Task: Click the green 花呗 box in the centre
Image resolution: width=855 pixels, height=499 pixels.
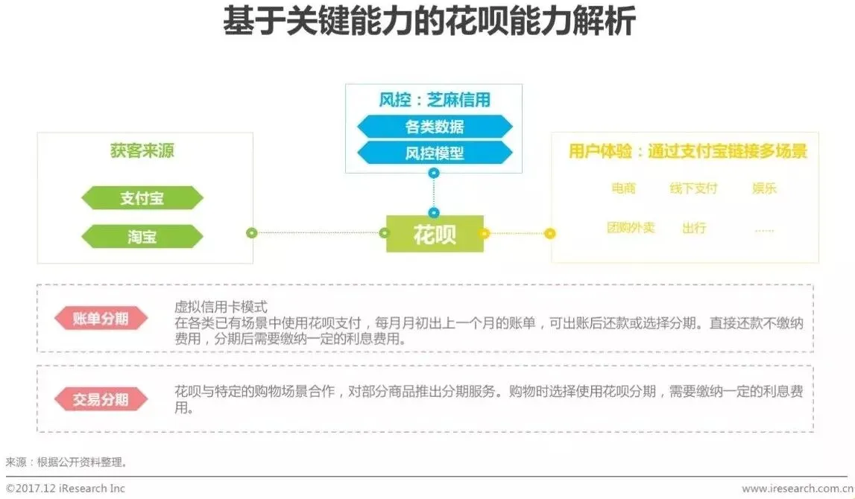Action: click(x=435, y=234)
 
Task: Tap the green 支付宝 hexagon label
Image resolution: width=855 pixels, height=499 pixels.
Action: click(x=142, y=198)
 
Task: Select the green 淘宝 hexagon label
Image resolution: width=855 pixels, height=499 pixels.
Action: click(x=142, y=237)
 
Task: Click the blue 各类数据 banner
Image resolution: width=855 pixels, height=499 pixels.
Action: click(x=435, y=127)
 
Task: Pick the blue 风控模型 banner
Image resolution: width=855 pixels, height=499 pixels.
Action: click(x=435, y=153)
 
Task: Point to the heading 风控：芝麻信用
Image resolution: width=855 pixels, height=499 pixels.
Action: click(x=434, y=100)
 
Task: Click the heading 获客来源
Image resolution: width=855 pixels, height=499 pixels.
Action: click(x=142, y=152)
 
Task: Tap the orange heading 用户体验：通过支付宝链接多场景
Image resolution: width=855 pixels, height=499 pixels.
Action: click(x=687, y=152)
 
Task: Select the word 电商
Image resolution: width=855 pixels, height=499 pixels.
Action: click(x=623, y=188)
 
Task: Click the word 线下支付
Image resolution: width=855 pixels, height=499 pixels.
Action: click(x=693, y=188)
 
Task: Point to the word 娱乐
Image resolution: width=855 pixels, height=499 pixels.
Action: click(x=764, y=188)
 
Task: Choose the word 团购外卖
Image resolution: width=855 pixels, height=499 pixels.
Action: click(x=631, y=227)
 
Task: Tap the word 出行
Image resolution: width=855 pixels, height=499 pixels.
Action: click(x=693, y=227)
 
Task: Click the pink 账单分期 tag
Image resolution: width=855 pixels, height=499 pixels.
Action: click(x=101, y=320)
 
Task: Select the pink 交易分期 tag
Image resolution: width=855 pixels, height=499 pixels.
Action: click(x=101, y=400)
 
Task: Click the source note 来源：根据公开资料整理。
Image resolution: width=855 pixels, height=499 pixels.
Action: click(x=67, y=462)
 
